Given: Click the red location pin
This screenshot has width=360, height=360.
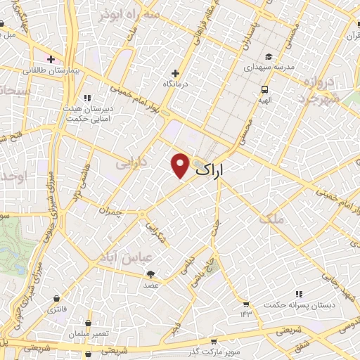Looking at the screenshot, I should [181, 165].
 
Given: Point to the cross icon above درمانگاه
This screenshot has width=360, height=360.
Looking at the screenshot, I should [176, 73].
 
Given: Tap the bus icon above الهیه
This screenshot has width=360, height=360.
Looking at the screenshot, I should [264, 89].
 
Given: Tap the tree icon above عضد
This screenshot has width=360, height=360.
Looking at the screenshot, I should [150, 275].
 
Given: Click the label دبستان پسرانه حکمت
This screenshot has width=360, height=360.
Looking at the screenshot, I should [293, 306].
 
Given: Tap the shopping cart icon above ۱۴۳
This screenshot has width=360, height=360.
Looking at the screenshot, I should [246, 304].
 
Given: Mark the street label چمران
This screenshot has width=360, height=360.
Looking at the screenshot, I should [111, 211].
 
